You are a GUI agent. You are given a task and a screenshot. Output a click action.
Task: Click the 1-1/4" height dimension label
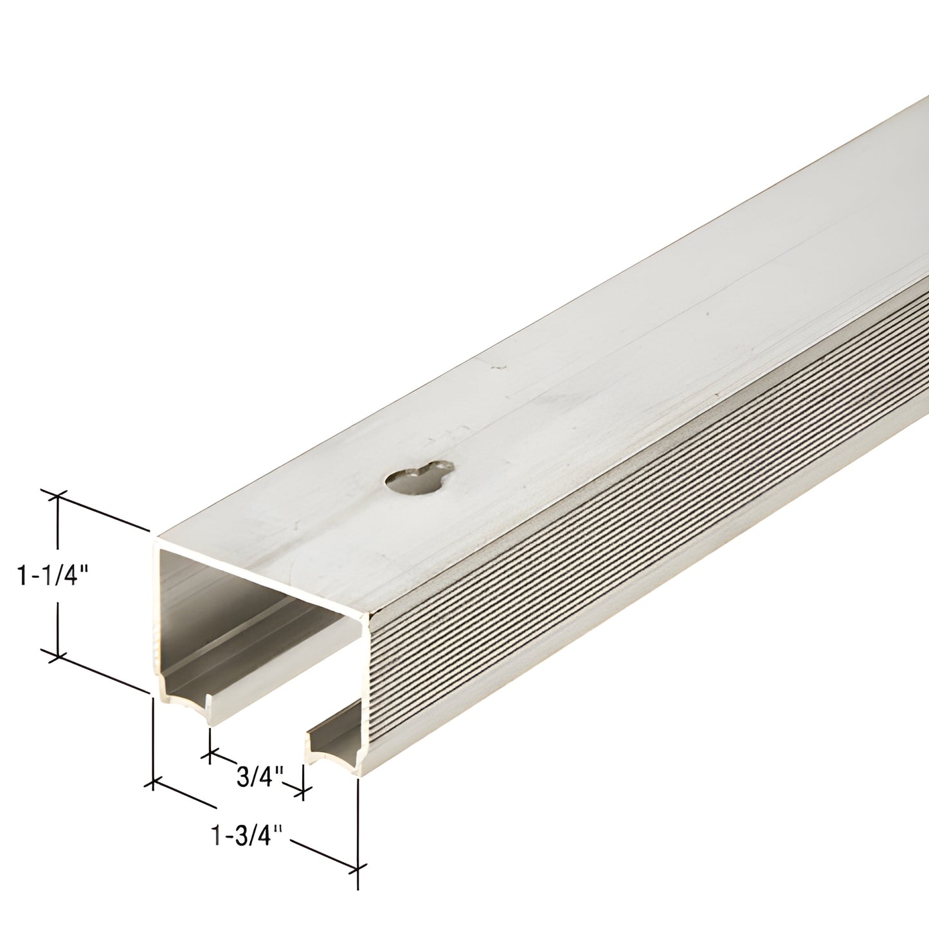tap(54, 575)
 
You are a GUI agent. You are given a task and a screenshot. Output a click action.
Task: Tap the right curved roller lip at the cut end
tap(335, 753)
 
